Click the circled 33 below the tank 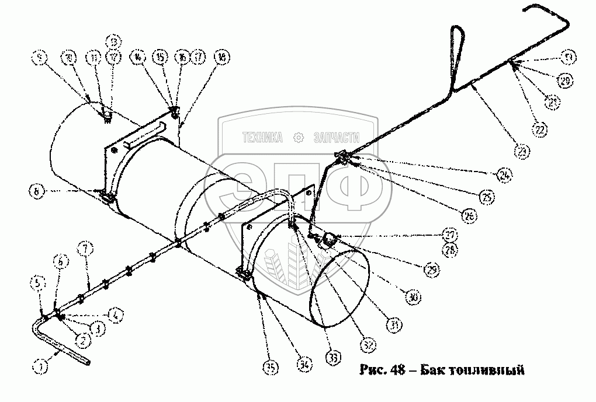[335, 356]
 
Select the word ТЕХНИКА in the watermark [262, 138]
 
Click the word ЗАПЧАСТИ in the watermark [335, 138]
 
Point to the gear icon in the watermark [299, 138]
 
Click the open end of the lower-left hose [88, 363]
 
